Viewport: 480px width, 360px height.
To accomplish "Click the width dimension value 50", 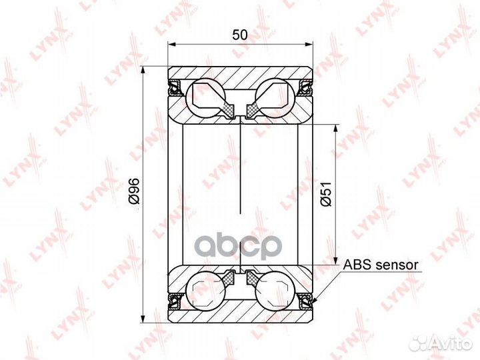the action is tap(240, 35).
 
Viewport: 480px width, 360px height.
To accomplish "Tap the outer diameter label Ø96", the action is tap(134, 191).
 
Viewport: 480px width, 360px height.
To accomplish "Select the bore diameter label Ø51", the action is tap(326, 194).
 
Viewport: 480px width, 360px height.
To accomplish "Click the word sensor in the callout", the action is tap(396, 265).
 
